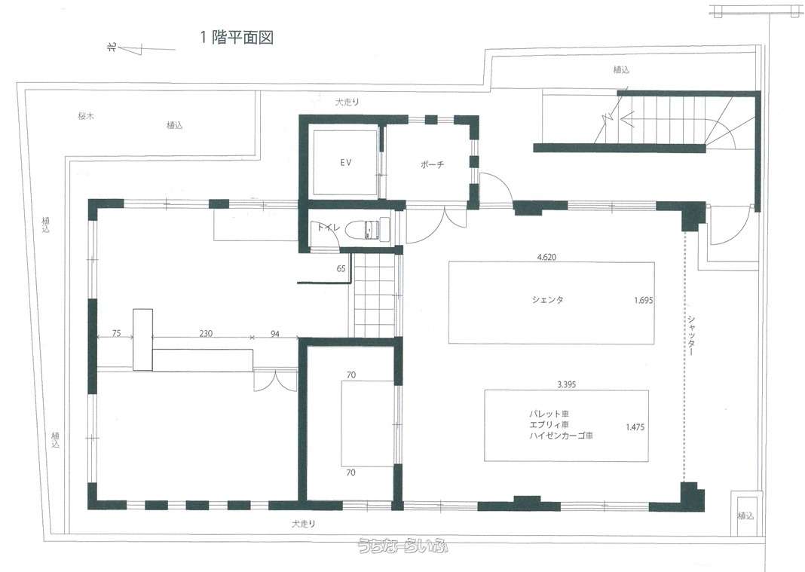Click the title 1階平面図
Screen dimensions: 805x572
click(237, 38)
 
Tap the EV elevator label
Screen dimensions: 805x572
click(345, 162)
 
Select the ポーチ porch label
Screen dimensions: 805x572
click(432, 165)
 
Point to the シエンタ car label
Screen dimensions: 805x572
click(548, 299)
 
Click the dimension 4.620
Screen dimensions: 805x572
click(546, 257)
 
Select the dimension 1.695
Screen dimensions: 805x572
click(643, 301)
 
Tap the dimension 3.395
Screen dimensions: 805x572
click(566, 384)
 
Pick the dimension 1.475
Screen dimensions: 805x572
click(635, 427)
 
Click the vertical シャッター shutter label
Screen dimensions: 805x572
click(691, 335)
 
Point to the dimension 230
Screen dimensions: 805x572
click(206, 333)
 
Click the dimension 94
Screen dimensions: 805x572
click(275, 334)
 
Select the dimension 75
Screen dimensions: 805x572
click(116, 333)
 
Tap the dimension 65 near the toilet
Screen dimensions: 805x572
click(341, 268)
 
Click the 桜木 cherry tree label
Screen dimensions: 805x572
click(86, 116)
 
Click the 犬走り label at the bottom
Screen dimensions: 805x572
click(304, 524)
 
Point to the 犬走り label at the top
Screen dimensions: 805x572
click(347, 102)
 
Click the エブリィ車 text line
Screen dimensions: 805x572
click(549, 424)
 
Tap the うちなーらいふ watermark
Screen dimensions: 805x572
click(403, 546)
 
